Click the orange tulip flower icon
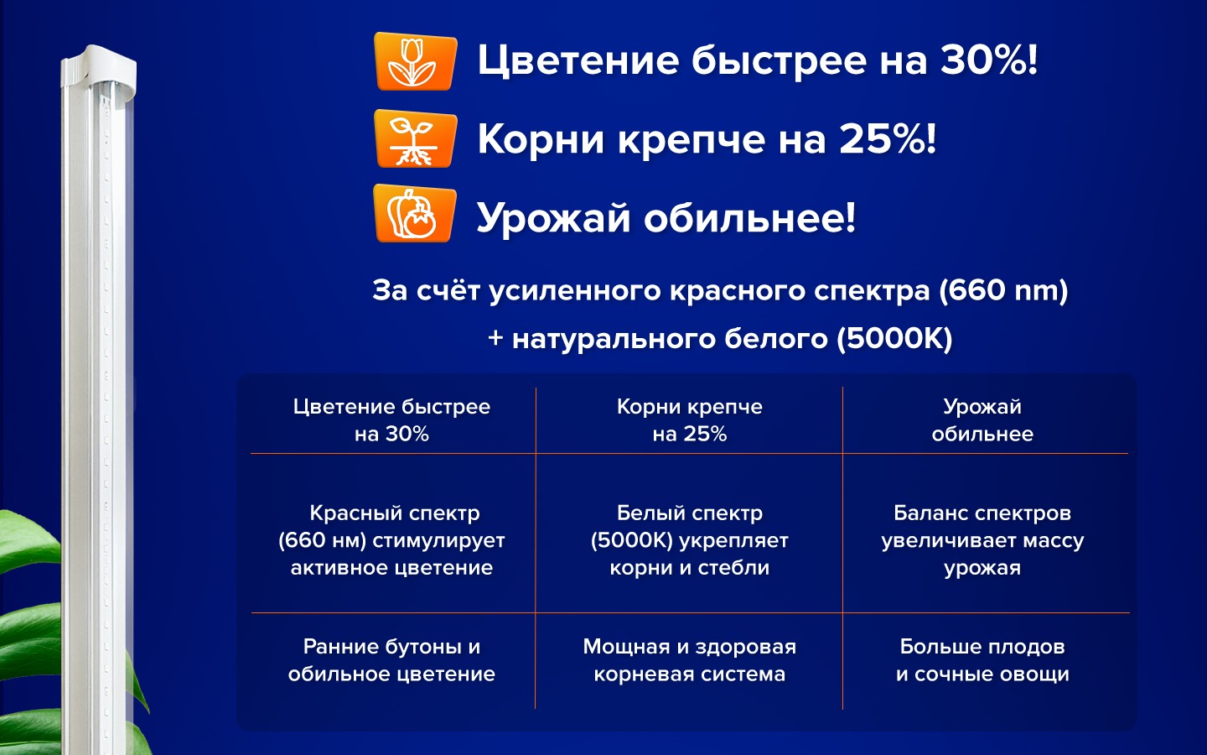(x=415, y=61)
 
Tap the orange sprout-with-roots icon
(x=415, y=138)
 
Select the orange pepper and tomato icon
(x=415, y=213)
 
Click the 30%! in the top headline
(x=989, y=60)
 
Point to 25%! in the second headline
(x=888, y=138)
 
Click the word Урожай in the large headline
(x=553, y=219)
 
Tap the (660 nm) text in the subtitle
(x=1003, y=290)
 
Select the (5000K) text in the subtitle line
(x=894, y=339)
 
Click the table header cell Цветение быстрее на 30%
(x=391, y=420)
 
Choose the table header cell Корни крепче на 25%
(x=690, y=420)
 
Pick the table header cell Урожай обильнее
(x=982, y=420)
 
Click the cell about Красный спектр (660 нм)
(x=391, y=540)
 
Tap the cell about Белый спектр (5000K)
(x=690, y=540)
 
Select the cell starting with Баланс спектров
(x=982, y=540)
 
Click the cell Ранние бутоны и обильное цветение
(x=391, y=660)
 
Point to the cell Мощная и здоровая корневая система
(x=690, y=660)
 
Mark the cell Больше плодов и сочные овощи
(x=982, y=660)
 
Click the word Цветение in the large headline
(x=578, y=60)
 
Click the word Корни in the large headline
(x=541, y=139)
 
